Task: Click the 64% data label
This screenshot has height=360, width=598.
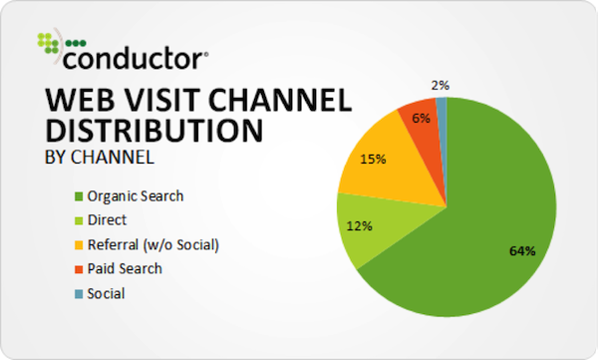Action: (x=522, y=250)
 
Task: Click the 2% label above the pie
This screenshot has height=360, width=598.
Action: (x=441, y=85)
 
